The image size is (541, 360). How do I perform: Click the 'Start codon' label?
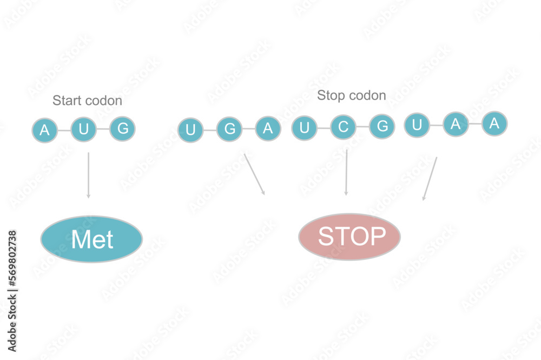tap(87, 101)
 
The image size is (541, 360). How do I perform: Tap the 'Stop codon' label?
tap(351, 96)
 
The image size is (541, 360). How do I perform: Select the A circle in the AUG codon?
tap(45, 130)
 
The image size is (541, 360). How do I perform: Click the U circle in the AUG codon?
tap(83, 129)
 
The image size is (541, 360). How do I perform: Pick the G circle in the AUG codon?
tap(122, 129)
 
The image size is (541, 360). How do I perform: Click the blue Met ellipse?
tap(91, 239)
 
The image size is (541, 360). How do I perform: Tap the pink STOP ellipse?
tap(349, 237)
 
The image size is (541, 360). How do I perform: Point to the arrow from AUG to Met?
tap(88, 174)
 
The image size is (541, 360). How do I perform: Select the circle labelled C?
tap(343, 128)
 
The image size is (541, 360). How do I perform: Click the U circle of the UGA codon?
tap(190, 130)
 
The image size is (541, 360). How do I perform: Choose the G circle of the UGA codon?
tap(229, 129)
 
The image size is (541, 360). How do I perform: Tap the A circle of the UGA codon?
tap(268, 128)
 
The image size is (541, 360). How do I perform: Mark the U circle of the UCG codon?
tap(305, 128)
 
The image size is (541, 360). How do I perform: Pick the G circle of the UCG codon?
tap(382, 127)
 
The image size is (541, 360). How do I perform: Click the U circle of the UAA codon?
tap(417, 126)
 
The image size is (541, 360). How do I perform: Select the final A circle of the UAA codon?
tap(494, 123)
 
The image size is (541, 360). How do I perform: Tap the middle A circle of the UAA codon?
tap(456, 125)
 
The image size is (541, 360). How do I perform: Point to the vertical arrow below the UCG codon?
tap(346, 172)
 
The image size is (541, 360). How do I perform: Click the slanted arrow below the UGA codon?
tap(254, 174)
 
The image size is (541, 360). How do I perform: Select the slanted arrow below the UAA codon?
tap(430, 179)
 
